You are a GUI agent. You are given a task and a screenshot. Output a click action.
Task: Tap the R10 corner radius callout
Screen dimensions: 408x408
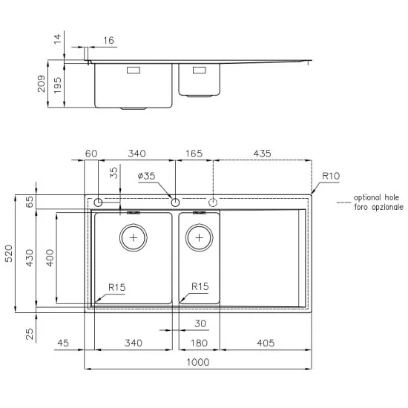coord(330,176)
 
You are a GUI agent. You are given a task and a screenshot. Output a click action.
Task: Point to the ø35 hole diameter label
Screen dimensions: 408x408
coord(146,176)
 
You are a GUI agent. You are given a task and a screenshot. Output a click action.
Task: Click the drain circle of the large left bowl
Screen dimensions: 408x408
coord(134,238)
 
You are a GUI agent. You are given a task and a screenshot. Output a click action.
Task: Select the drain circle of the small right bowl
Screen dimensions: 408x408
coord(199,237)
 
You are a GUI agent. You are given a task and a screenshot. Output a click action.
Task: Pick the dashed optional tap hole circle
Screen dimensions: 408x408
coord(214,202)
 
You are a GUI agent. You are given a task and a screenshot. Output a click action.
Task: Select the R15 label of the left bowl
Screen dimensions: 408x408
coord(116,286)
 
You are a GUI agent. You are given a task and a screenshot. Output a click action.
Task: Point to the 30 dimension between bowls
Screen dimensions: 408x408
coord(199,323)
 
